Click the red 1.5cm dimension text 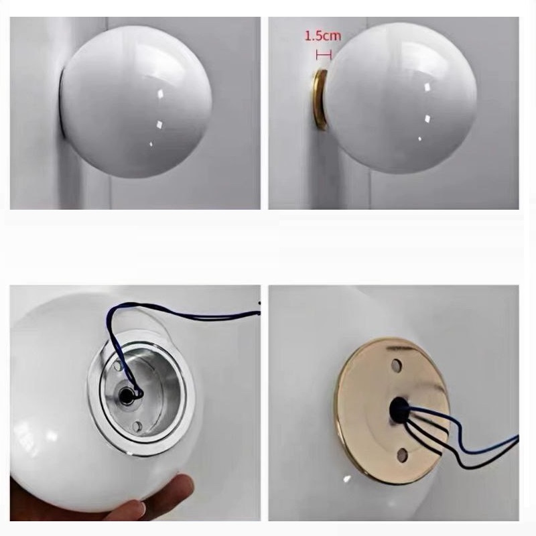(x=322, y=36)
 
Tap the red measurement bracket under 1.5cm (x=324, y=55)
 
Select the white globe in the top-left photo (x=136, y=102)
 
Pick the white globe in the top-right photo (x=401, y=98)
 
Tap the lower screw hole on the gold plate (x=403, y=455)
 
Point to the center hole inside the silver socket (x=126, y=396)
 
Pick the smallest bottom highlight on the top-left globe (x=151, y=144)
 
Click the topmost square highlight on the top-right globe (x=427, y=87)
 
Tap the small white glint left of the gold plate (x=347, y=478)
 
